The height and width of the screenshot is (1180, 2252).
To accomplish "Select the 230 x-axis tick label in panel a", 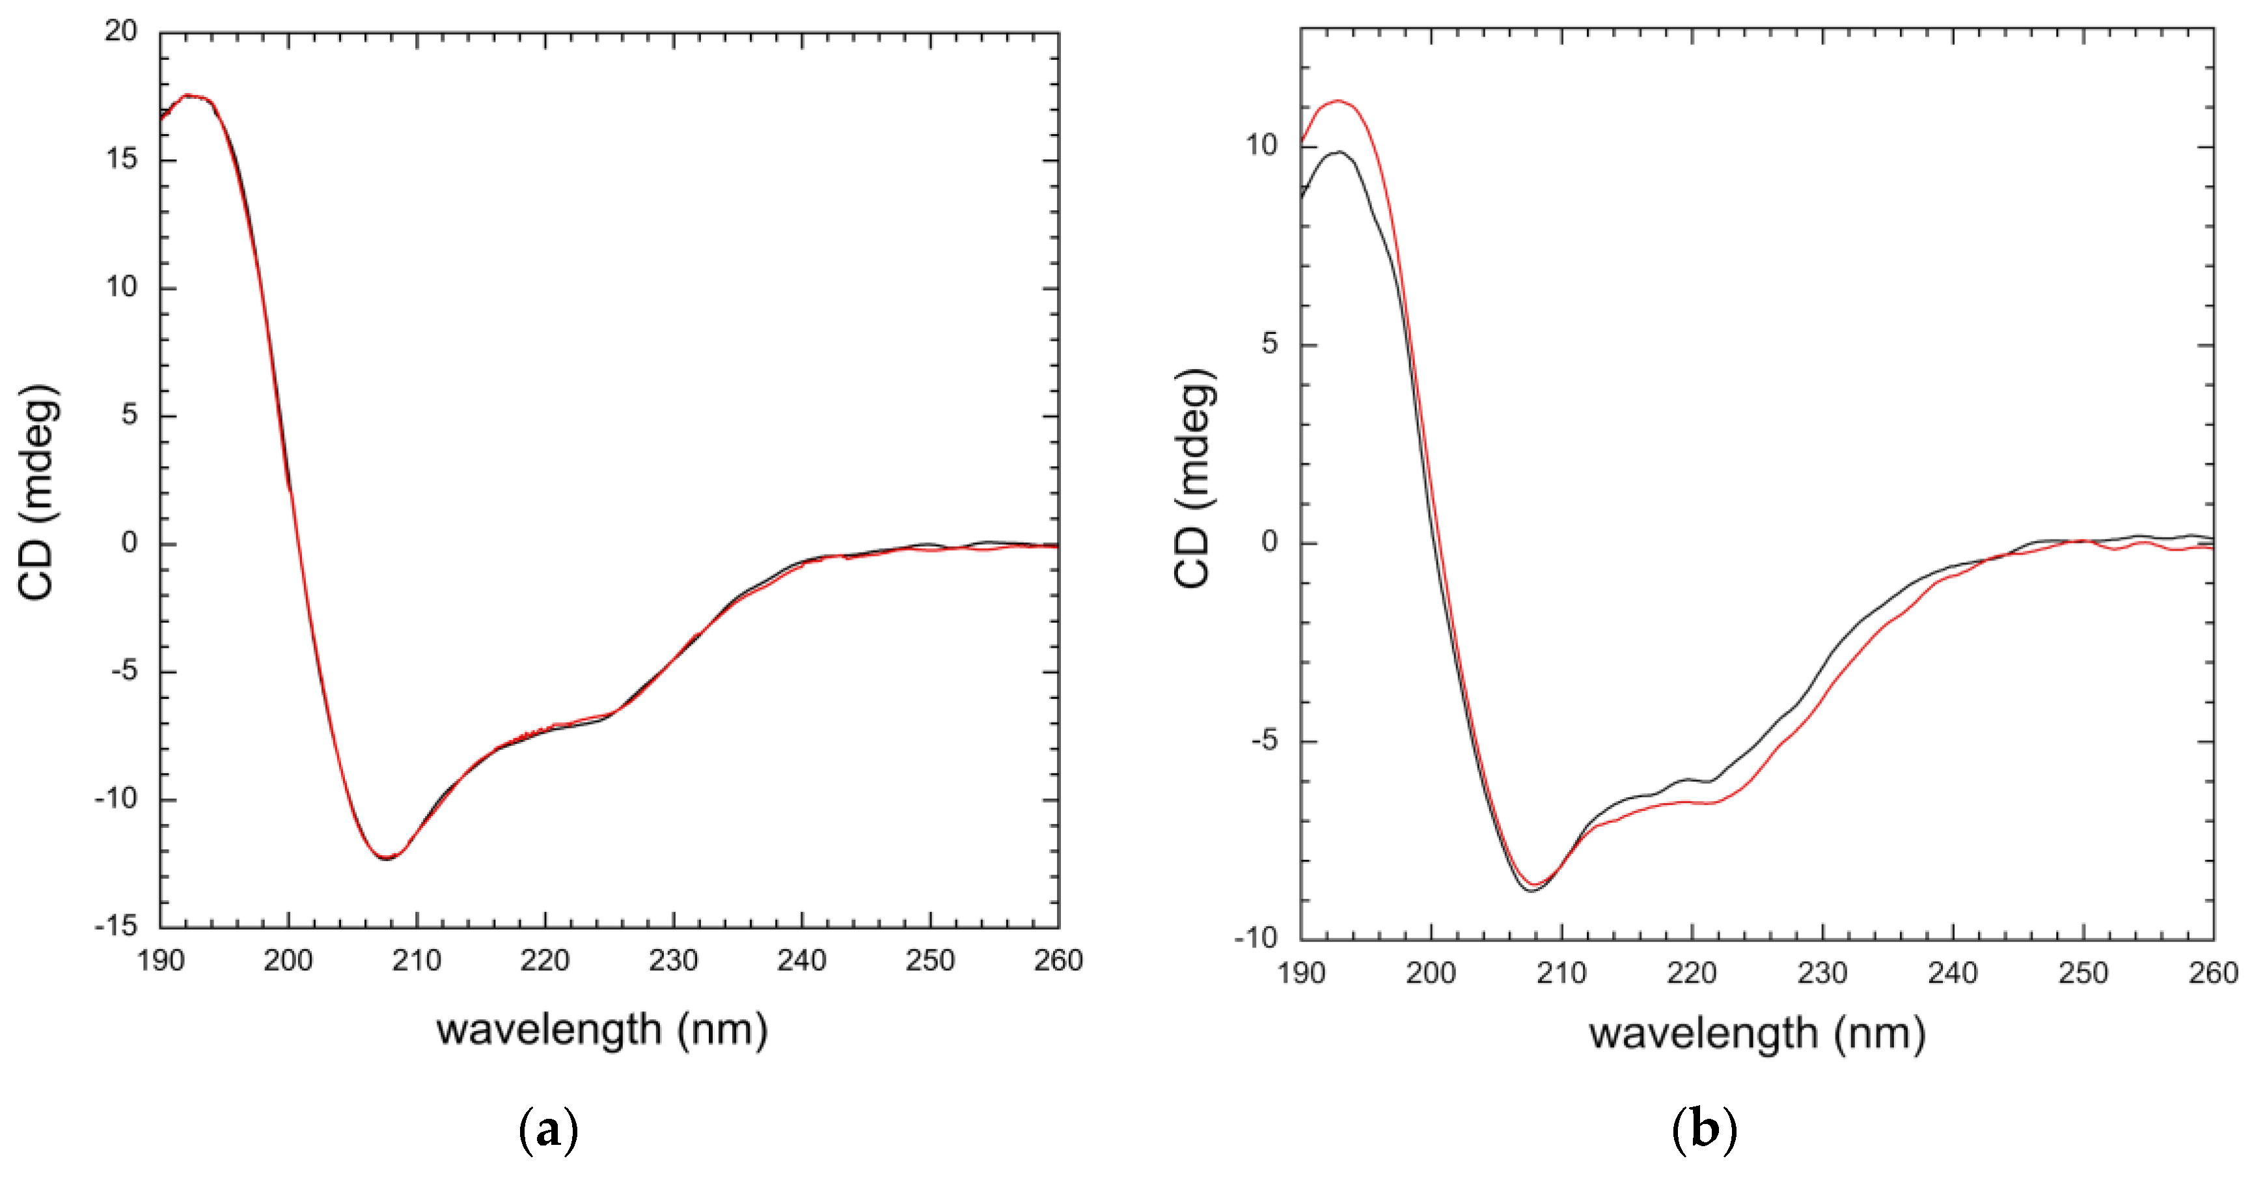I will pos(673,961).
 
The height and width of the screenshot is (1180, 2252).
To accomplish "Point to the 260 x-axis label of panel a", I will pos(1058,961).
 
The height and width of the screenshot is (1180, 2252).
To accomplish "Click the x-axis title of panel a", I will pos(602,1030).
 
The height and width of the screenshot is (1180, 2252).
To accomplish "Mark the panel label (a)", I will pos(548,1130).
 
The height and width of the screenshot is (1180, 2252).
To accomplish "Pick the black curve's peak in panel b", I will pos(1338,152).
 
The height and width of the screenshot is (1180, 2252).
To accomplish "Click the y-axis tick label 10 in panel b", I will pos(1261,145).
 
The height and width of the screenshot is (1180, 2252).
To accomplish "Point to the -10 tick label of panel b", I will pos(1256,938).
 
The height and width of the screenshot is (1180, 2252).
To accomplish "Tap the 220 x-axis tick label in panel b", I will pos(1692,973).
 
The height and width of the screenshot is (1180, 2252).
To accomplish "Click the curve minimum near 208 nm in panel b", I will pos(1531,890).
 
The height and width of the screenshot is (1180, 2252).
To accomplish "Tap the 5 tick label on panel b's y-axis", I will pos(1269,344).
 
